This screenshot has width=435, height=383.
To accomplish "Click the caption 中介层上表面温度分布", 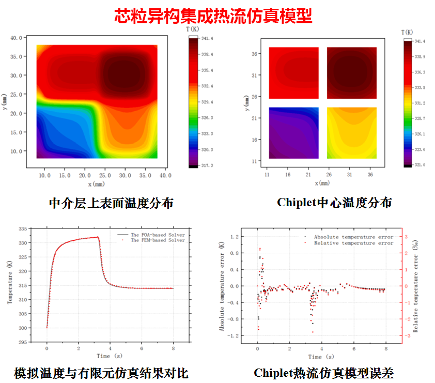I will [111, 203].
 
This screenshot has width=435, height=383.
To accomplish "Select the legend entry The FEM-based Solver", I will [157, 240].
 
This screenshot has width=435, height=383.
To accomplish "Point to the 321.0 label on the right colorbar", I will [420, 165].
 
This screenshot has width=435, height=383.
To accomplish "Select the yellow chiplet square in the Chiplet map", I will [352, 133].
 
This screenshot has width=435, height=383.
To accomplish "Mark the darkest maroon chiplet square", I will [352, 72].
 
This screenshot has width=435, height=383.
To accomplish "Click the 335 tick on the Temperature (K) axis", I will [22, 228].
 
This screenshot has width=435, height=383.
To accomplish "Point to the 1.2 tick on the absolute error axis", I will [234, 237].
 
